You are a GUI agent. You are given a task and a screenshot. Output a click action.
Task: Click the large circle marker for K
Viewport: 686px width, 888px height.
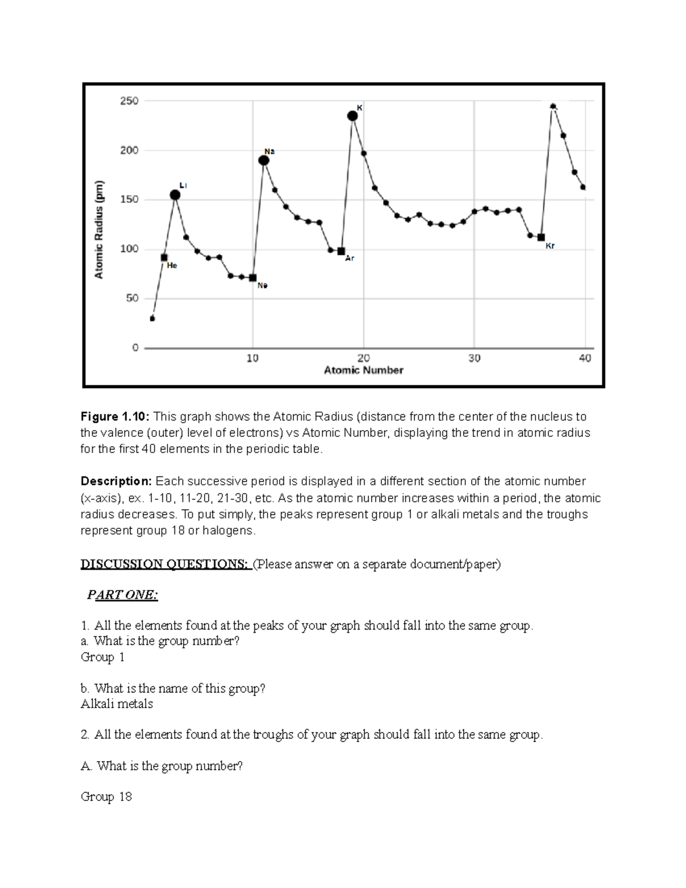353,116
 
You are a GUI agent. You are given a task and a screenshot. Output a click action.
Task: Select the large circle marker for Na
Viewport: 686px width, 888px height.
264,160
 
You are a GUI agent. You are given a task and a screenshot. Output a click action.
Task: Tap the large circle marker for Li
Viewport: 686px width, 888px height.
175,195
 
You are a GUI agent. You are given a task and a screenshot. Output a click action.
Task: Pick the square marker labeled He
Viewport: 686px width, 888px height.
164,257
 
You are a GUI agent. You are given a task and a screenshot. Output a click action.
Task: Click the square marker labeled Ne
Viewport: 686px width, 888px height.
253,278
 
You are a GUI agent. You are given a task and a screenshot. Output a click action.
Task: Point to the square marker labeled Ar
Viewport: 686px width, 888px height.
341,251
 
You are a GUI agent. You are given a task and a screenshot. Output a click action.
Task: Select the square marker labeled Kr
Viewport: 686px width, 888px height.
541,237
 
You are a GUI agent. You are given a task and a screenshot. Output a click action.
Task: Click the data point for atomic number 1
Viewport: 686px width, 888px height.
152,318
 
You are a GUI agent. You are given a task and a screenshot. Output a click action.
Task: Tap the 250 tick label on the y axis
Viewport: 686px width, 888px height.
129,101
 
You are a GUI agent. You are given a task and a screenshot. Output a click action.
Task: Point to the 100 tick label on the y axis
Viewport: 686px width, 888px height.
129,249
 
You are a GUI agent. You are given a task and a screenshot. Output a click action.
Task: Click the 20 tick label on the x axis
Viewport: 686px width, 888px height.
363,359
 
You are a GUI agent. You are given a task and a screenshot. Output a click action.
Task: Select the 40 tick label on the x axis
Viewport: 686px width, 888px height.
584,359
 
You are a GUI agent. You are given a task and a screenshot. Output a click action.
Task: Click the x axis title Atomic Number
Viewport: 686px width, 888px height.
364,371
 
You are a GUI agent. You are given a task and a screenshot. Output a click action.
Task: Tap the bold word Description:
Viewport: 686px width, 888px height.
117,481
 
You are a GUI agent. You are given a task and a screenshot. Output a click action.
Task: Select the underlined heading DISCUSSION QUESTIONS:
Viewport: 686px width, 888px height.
165,564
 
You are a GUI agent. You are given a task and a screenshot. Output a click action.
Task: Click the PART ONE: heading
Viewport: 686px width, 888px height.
122,595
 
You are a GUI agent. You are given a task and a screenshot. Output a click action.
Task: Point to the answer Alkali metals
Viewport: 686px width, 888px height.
117,704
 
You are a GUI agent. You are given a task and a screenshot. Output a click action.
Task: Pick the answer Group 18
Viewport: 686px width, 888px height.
106,797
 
